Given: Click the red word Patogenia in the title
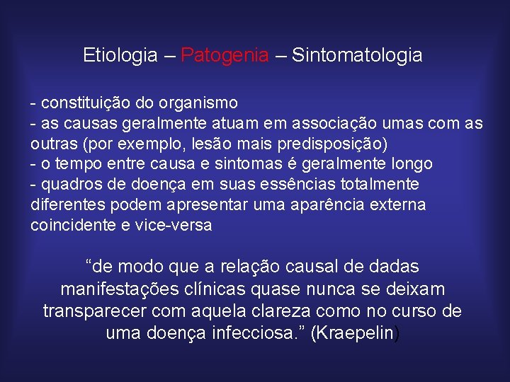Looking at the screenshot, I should (x=225, y=55).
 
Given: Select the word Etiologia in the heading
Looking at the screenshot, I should (x=120, y=55).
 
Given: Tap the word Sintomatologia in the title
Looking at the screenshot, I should (x=357, y=55).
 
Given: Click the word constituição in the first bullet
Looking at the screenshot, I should (x=85, y=104).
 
